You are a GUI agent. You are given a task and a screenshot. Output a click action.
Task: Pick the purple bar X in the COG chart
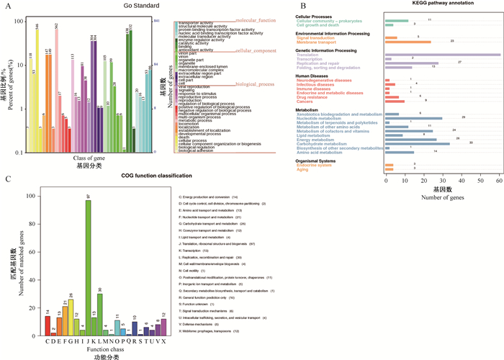163,328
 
